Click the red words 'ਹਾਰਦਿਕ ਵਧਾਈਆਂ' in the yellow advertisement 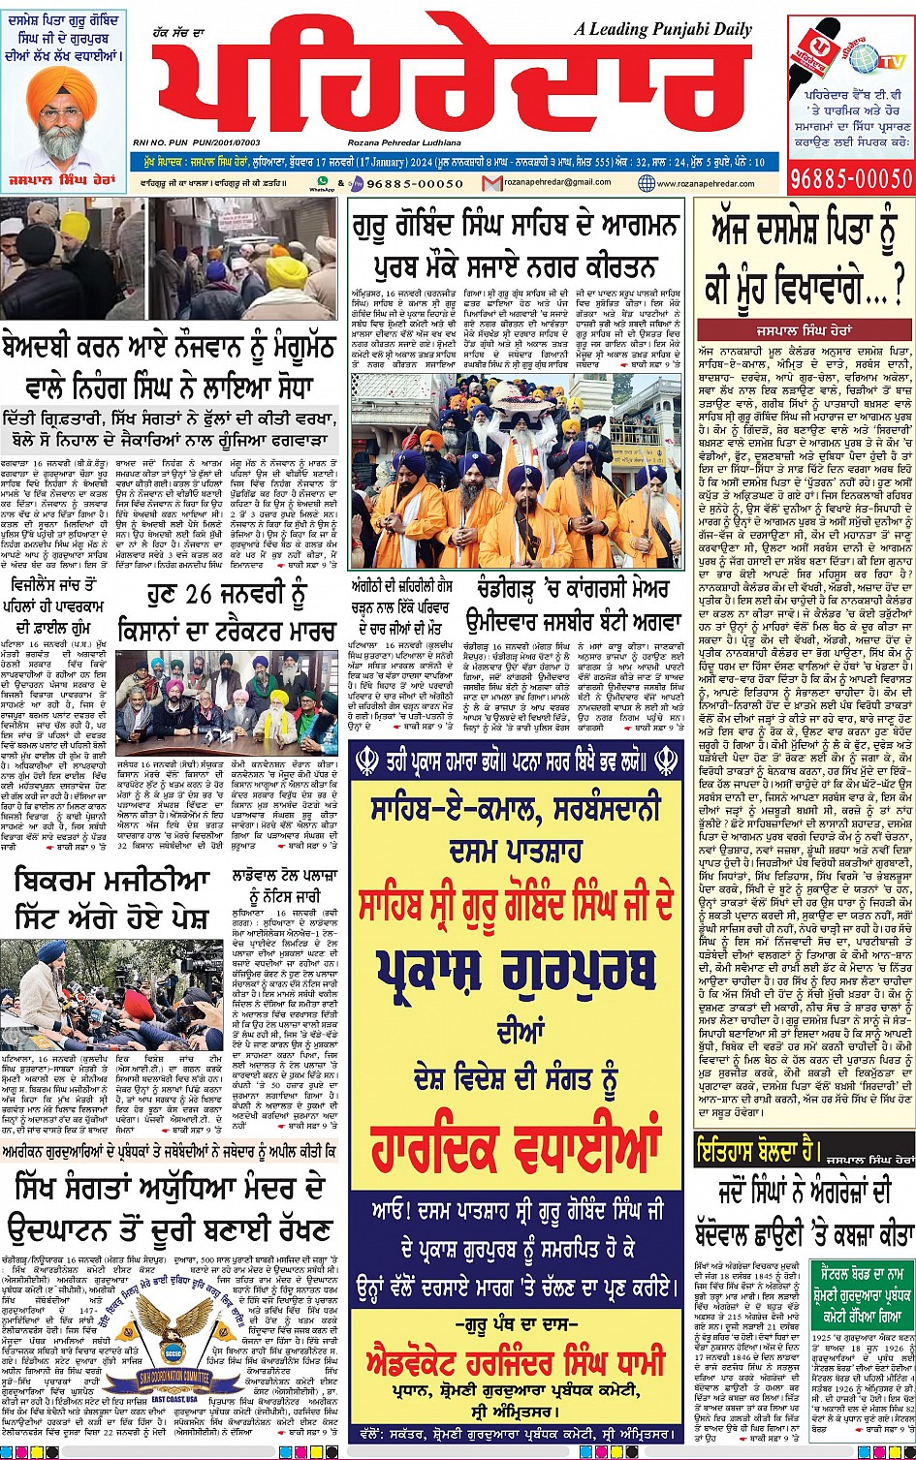coord(516,1126)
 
